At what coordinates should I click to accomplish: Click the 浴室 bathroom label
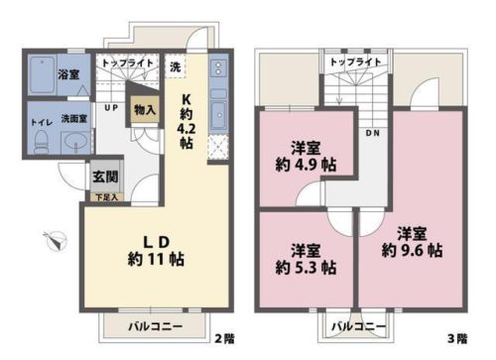tap(67, 74)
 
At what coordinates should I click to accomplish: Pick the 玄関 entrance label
tap(105, 179)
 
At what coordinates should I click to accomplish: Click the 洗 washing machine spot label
tap(176, 66)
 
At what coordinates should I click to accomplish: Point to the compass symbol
tap(56, 237)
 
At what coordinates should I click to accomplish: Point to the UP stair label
tap(111, 106)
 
